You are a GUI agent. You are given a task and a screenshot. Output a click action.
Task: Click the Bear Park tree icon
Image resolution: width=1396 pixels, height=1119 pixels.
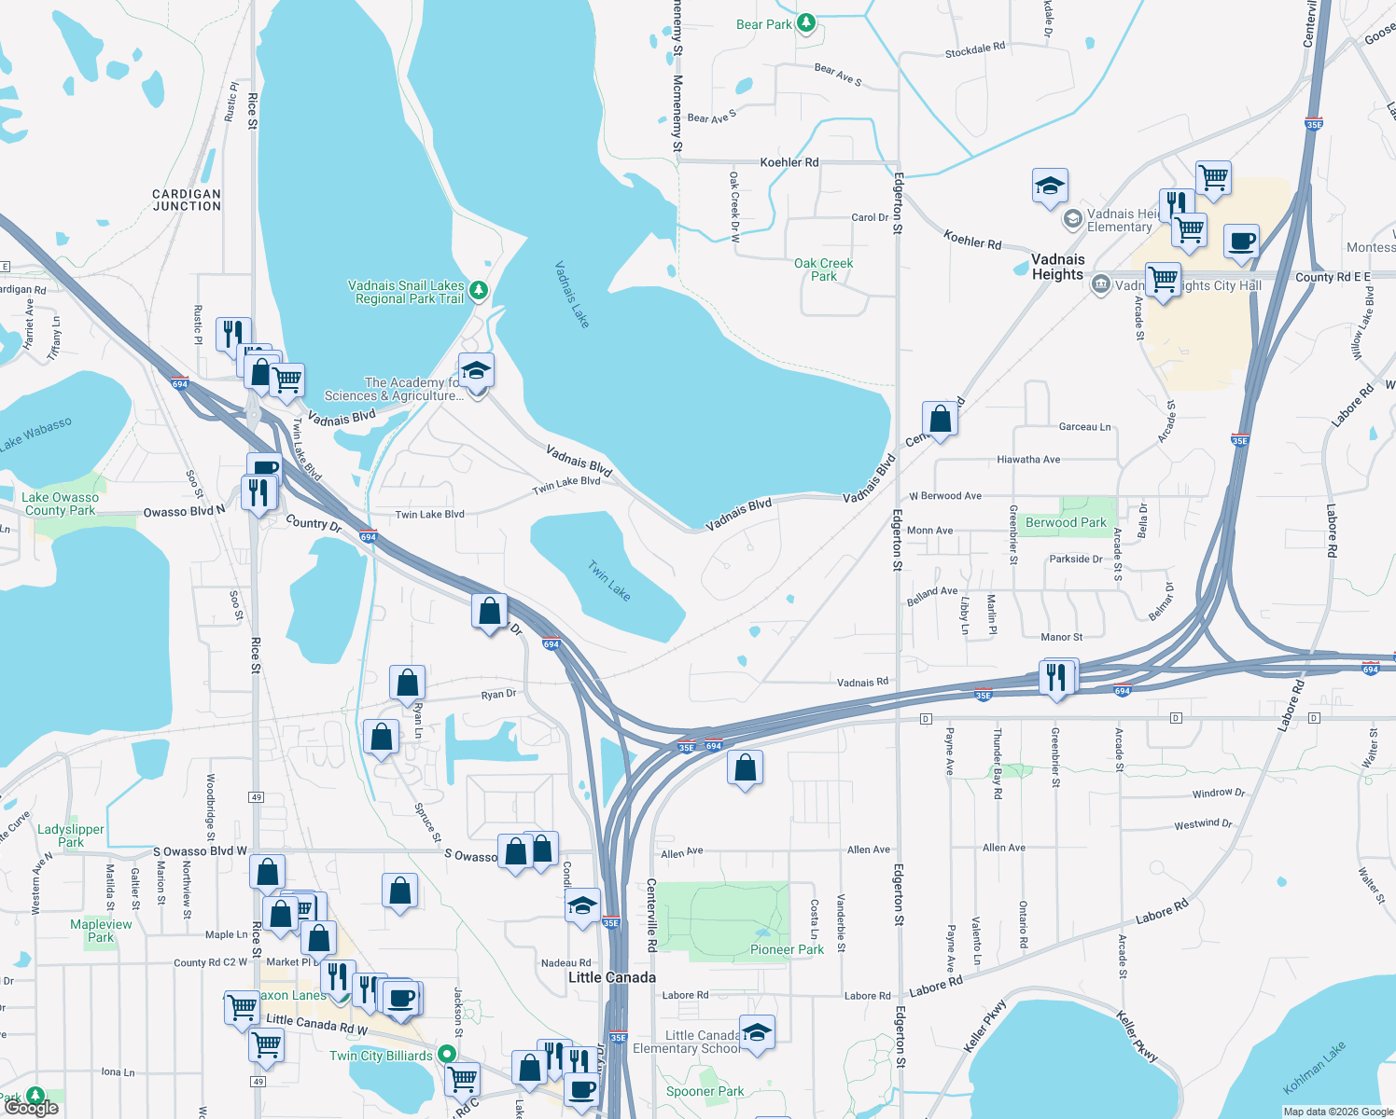click(806, 23)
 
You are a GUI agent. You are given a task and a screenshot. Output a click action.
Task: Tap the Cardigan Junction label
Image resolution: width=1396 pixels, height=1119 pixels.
click(187, 200)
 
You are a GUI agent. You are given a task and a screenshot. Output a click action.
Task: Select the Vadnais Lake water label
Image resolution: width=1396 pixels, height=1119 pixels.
click(571, 294)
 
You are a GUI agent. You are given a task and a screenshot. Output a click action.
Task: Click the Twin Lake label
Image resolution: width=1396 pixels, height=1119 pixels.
click(608, 580)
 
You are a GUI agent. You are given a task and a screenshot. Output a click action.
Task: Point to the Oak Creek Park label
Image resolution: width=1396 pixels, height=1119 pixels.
click(823, 269)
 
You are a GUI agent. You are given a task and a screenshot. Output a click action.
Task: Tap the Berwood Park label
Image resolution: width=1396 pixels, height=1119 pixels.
click(1066, 522)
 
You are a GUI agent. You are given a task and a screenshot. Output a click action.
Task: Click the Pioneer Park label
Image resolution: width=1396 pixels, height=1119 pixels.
click(787, 949)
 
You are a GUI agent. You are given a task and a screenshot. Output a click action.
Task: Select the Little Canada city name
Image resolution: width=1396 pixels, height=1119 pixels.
click(612, 977)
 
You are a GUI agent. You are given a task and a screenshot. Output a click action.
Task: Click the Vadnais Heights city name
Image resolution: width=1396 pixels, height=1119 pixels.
click(1057, 267)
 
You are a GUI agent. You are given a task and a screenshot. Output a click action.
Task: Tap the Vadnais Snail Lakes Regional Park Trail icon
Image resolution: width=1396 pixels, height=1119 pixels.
click(478, 290)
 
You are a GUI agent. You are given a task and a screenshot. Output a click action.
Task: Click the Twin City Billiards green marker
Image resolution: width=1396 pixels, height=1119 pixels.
click(447, 1054)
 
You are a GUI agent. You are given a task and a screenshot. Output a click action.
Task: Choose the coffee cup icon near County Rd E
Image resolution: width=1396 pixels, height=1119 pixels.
click(1241, 242)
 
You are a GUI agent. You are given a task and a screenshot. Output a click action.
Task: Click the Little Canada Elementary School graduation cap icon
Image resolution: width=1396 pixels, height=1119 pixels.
click(757, 1031)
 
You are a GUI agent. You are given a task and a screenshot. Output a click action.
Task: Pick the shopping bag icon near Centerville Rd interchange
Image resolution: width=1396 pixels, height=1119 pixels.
click(745, 768)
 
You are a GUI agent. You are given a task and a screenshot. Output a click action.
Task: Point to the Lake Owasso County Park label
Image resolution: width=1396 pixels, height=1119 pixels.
click(61, 504)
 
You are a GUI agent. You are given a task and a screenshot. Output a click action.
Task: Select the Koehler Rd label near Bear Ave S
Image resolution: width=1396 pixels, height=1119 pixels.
click(789, 162)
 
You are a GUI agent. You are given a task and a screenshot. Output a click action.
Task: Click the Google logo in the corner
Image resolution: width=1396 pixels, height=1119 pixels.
click(31, 1108)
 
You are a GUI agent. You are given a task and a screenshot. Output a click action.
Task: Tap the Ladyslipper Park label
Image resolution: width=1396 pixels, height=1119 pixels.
click(71, 836)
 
